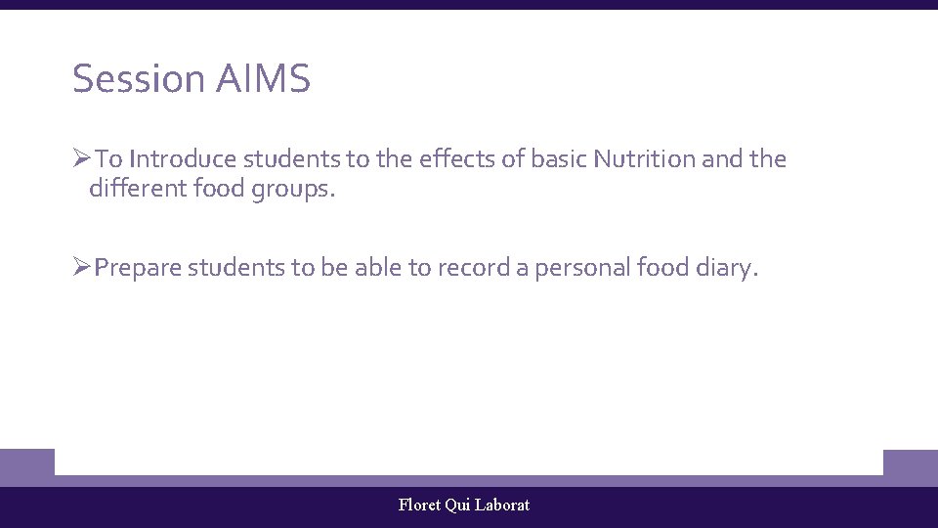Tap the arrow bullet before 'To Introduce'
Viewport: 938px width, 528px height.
81,158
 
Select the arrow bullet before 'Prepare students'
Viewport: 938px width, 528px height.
81,267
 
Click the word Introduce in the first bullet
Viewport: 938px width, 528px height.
183,158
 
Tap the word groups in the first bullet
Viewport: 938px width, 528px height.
294,189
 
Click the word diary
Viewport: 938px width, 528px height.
727,268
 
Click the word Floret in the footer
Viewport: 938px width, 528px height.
419,505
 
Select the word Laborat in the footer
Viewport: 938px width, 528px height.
502,505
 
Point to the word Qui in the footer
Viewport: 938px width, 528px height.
457,506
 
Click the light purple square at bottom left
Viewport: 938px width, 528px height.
26,466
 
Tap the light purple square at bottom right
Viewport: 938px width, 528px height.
910,466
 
